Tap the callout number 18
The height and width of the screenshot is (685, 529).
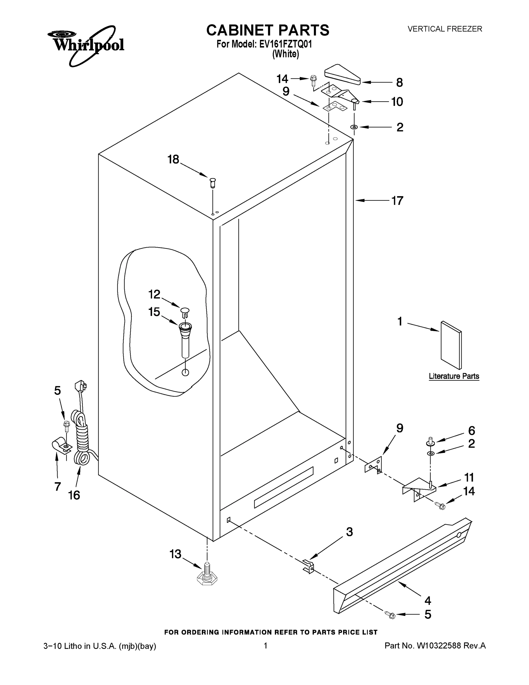click(x=173, y=159)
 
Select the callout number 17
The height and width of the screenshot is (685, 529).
click(x=397, y=201)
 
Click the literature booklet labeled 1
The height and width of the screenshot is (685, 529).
click(x=451, y=345)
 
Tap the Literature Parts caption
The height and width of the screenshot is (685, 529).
click(x=454, y=376)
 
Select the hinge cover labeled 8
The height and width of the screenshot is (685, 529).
click(x=342, y=75)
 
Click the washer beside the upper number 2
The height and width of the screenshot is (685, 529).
click(x=354, y=127)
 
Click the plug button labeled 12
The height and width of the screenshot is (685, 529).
click(x=185, y=312)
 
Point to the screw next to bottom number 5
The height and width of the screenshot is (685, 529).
click(x=390, y=615)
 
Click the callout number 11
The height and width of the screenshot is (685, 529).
click(x=469, y=478)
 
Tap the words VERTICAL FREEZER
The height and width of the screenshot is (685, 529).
click(x=444, y=29)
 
